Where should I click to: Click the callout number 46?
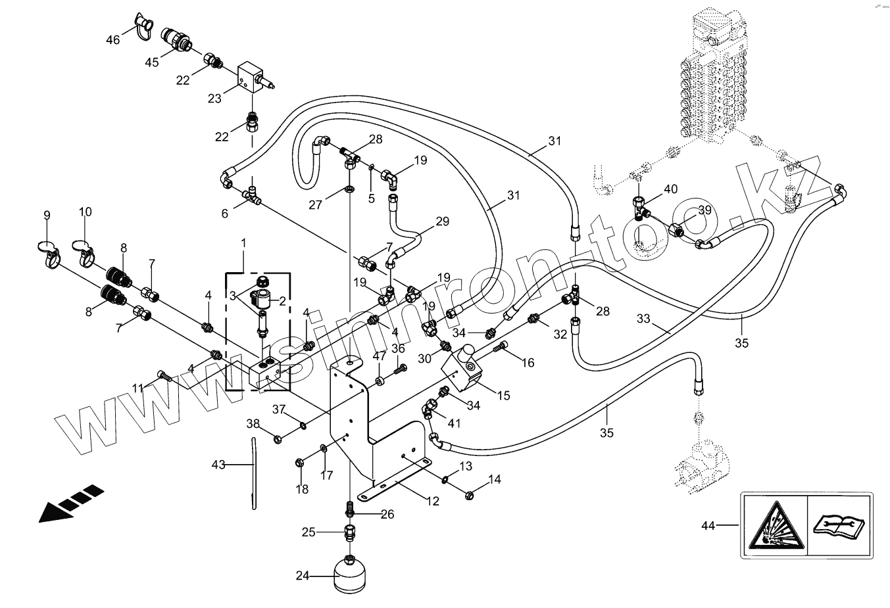pos(113,39)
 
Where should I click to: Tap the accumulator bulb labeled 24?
pos(350,574)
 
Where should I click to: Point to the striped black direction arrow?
pos(71,503)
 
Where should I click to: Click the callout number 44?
pos(708,526)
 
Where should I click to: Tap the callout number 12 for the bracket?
pos(433,501)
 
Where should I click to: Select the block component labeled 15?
pos(462,369)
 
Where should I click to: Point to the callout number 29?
pos(442,222)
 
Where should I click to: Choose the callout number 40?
pos(671,189)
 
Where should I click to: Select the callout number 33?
pos(643,319)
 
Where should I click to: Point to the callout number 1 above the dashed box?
pos(243,243)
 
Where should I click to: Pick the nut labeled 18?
pos(300,463)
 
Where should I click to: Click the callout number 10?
pos(86,212)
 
